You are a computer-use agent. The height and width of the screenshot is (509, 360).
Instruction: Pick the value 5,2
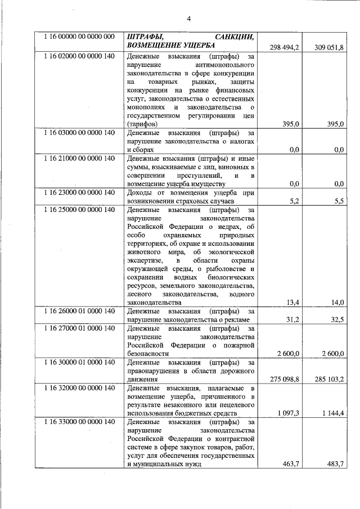pos(292,202)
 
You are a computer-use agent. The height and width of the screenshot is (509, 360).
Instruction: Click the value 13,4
pos(292,303)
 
